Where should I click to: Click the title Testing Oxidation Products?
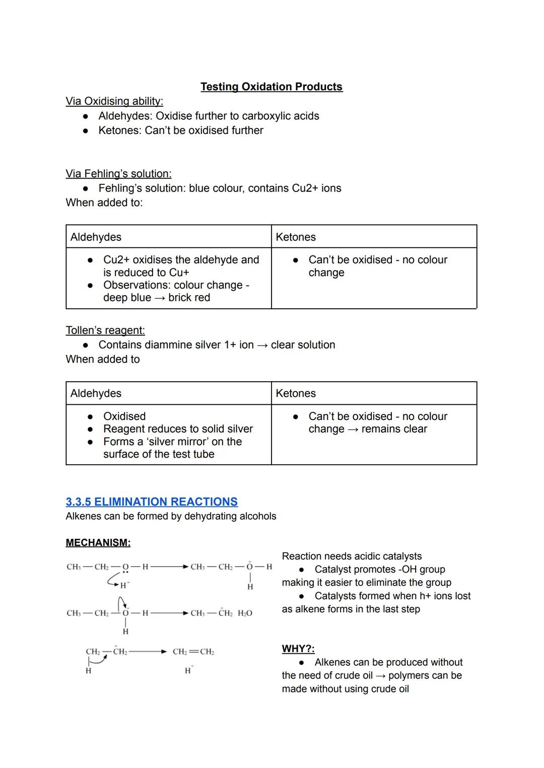271,87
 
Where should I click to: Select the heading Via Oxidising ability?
114,101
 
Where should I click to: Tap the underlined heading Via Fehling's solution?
118,174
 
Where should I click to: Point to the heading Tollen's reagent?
105,330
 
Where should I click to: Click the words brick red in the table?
189,298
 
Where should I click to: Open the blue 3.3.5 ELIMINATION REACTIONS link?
152,502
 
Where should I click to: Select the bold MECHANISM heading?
98,542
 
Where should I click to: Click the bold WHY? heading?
298,649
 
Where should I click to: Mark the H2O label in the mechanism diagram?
245,613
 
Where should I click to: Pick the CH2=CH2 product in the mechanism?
193,652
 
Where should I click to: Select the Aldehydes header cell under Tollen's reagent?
96,393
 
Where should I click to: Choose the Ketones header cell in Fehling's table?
296,237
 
